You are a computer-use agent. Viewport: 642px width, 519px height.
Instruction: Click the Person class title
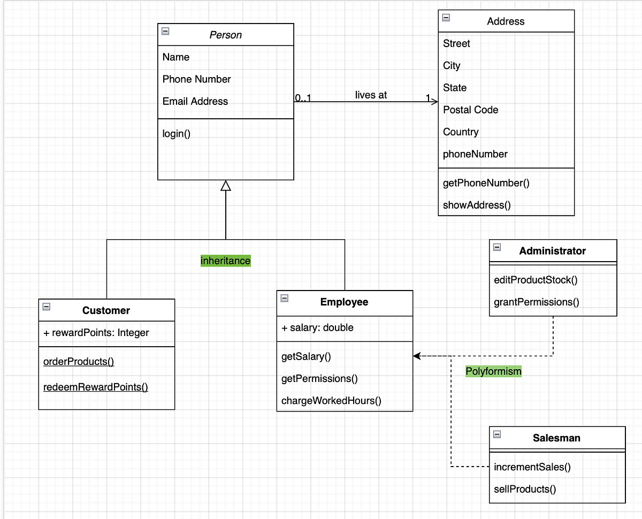click(225, 35)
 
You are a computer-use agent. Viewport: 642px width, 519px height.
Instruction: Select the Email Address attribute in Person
click(195, 101)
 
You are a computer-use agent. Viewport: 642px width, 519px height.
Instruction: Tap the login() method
click(177, 134)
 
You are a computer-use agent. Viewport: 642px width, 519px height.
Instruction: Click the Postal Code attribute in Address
click(470, 110)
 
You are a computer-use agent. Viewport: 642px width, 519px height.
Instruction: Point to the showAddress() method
click(477, 205)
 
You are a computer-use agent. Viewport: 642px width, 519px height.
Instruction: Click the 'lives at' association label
click(371, 95)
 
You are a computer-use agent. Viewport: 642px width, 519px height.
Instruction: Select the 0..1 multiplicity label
click(303, 98)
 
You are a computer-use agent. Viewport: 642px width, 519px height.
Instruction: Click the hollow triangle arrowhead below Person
click(226, 185)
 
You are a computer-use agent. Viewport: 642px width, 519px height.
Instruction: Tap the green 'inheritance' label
click(225, 261)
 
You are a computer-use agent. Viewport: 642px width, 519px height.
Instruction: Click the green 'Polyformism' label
click(493, 371)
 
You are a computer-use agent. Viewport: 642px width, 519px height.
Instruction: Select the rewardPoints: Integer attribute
click(96, 332)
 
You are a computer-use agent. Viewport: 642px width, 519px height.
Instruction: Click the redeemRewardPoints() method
click(96, 387)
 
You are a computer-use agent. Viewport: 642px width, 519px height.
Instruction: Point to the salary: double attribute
click(317, 327)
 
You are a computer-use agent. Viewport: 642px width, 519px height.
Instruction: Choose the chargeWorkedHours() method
click(331, 401)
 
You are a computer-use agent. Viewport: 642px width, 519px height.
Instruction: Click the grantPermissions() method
click(537, 302)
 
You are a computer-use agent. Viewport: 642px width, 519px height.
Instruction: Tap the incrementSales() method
click(532, 467)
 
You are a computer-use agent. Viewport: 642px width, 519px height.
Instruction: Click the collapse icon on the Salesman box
click(497, 434)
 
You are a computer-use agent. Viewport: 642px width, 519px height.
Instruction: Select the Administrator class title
click(553, 251)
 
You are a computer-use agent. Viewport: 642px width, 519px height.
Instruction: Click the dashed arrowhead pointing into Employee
click(417, 356)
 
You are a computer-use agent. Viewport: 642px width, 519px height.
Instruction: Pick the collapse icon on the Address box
click(446, 18)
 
